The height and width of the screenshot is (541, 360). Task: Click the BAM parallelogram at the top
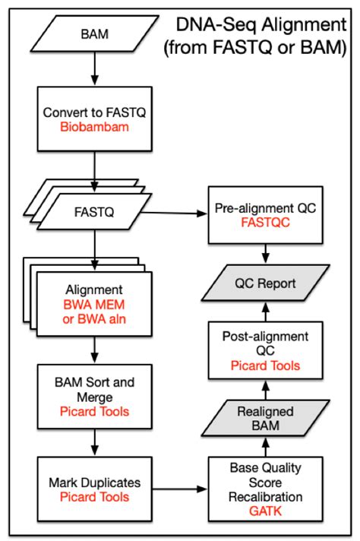tap(94, 34)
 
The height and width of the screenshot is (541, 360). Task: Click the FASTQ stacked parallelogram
tap(94, 214)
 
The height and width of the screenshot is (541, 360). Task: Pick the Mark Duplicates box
tap(94, 489)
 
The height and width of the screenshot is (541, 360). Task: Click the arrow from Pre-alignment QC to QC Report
tap(265, 253)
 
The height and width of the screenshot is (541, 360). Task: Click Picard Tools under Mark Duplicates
tap(94, 497)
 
